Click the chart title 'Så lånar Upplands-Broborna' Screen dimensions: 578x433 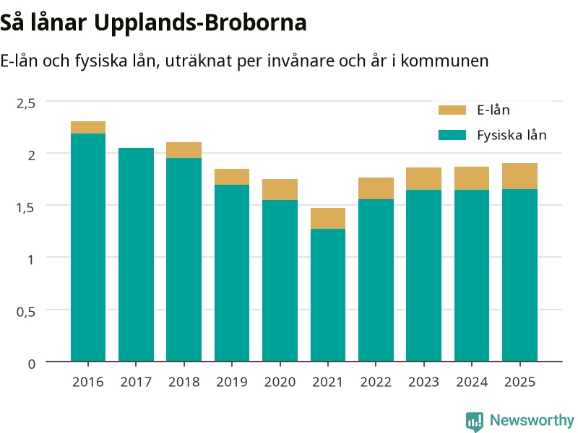pyautogui.click(x=153, y=24)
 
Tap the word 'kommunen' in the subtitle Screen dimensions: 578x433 pyautogui.click(x=444, y=61)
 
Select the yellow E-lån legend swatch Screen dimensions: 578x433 pyautogui.click(x=452, y=110)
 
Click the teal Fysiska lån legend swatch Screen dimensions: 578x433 pyautogui.click(x=452, y=135)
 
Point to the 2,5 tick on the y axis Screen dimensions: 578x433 pyautogui.click(x=26, y=103)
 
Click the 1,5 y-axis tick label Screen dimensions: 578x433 pyautogui.click(x=25, y=208)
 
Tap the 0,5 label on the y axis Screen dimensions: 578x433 pyautogui.click(x=26, y=312)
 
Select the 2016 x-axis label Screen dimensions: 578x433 pyautogui.click(x=87, y=382)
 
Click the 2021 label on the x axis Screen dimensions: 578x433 pyautogui.click(x=328, y=382)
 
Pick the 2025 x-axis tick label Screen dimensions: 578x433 pyautogui.click(x=519, y=382)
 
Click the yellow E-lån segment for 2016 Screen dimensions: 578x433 pyautogui.click(x=88, y=128)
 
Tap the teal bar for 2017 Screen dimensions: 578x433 pyautogui.click(x=136, y=255)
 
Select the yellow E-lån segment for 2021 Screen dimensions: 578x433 pyautogui.click(x=328, y=219)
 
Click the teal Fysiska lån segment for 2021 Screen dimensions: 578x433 pyautogui.click(x=328, y=295)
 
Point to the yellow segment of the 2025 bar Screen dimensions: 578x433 pyautogui.click(x=519, y=176)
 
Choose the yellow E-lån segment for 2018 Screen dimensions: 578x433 pyautogui.click(x=184, y=150)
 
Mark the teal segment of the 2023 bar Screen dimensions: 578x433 pyautogui.click(x=424, y=276)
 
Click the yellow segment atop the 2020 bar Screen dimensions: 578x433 pyautogui.click(x=280, y=190)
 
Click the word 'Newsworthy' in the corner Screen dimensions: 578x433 pyautogui.click(x=532, y=420)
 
